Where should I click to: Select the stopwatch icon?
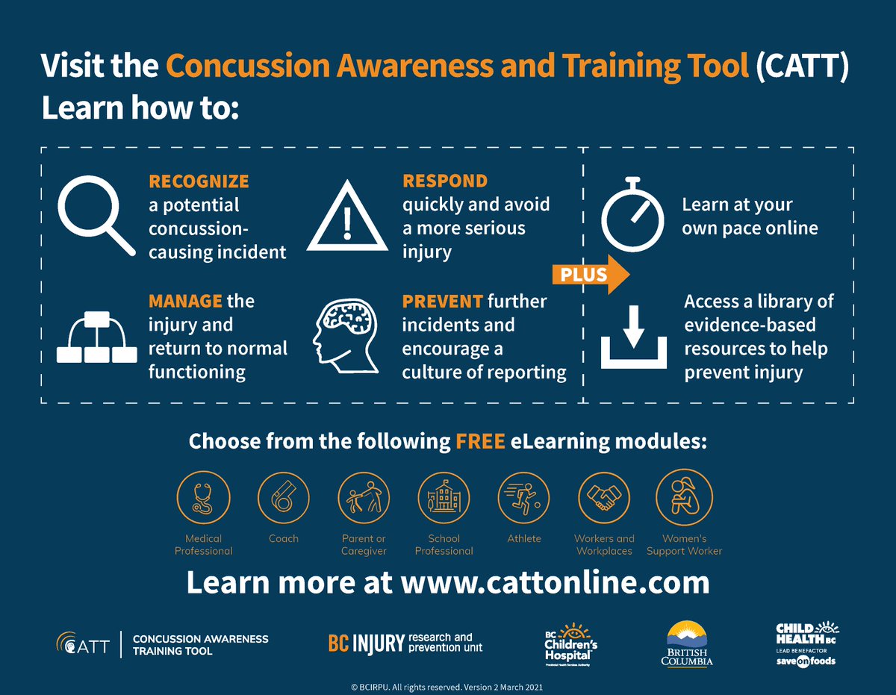pyautogui.click(x=632, y=214)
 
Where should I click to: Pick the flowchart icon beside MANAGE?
pyautogui.click(x=96, y=337)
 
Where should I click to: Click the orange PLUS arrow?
pyautogui.click(x=590, y=274)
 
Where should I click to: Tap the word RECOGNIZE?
pyautogui.click(x=199, y=181)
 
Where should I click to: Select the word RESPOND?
pyautogui.click(x=445, y=181)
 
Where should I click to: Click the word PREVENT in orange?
pyautogui.click(x=442, y=302)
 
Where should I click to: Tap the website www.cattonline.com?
pyautogui.click(x=555, y=582)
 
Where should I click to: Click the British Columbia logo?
pyautogui.click(x=689, y=642)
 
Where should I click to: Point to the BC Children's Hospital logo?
pyautogui.click(x=571, y=642)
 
